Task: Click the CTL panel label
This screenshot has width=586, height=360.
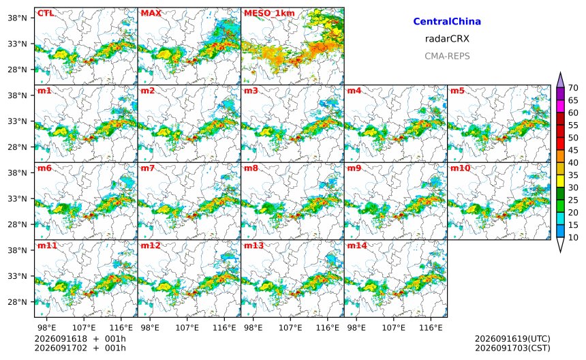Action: click(x=45, y=13)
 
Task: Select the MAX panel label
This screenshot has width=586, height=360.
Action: click(x=151, y=13)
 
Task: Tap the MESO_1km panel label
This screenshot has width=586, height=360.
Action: click(x=269, y=14)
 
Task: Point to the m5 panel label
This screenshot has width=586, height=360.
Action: click(x=457, y=91)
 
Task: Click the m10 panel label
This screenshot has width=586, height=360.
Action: click(x=460, y=168)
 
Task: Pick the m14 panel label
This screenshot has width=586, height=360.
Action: click(x=357, y=245)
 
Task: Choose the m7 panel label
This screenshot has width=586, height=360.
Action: click(x=148, y=168)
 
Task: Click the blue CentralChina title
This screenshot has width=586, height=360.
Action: click(x=447, y=21)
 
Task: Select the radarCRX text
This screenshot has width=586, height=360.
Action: click(x=447, y=38)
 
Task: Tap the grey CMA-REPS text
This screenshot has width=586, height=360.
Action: click(x=447, y=56)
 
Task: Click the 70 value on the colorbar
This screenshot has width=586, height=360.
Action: click(x=573, y=88)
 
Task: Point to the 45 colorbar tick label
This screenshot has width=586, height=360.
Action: click(x=573, y=150)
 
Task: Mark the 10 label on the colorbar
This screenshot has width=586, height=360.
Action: click(x=573, y=237)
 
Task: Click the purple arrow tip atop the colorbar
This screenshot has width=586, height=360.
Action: click(x=560, y=72)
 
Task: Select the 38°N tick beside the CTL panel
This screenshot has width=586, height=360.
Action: click(x=18, y=18)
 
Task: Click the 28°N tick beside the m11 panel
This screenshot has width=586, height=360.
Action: click(x=18, y=301)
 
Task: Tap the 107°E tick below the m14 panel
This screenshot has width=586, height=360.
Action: click(x=394, y=328)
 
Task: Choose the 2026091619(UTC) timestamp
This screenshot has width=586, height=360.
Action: click(x=512, y=339)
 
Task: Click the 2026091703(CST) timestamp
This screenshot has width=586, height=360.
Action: click(x=512, y=348)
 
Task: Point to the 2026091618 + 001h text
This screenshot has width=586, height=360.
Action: click(x=80, y=339)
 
